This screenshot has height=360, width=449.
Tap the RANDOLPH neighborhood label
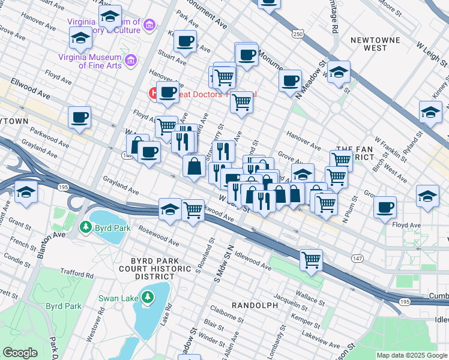255,305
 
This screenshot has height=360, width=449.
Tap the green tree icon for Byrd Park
86,228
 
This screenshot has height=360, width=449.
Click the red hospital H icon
154,94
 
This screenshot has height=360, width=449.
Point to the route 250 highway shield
298,35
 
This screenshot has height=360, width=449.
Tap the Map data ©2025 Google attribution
411,355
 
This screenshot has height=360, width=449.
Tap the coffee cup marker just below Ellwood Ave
79,118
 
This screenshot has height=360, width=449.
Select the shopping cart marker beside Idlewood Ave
312,259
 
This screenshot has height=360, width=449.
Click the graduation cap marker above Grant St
26,193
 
